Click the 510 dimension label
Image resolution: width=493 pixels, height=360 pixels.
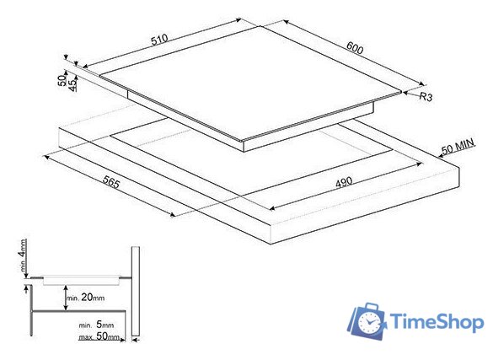(x=160, y=40)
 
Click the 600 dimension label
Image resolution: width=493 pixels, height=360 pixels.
(x=355, y=47)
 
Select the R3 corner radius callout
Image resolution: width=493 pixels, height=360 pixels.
(x=426, y=96)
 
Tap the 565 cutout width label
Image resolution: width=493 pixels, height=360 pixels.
(x=111, y=182)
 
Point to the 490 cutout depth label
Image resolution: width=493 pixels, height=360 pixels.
(x=344, y=182)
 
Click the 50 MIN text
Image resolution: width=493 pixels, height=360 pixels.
(x=458, y=147)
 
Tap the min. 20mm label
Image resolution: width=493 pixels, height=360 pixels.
(x=85, y=297)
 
